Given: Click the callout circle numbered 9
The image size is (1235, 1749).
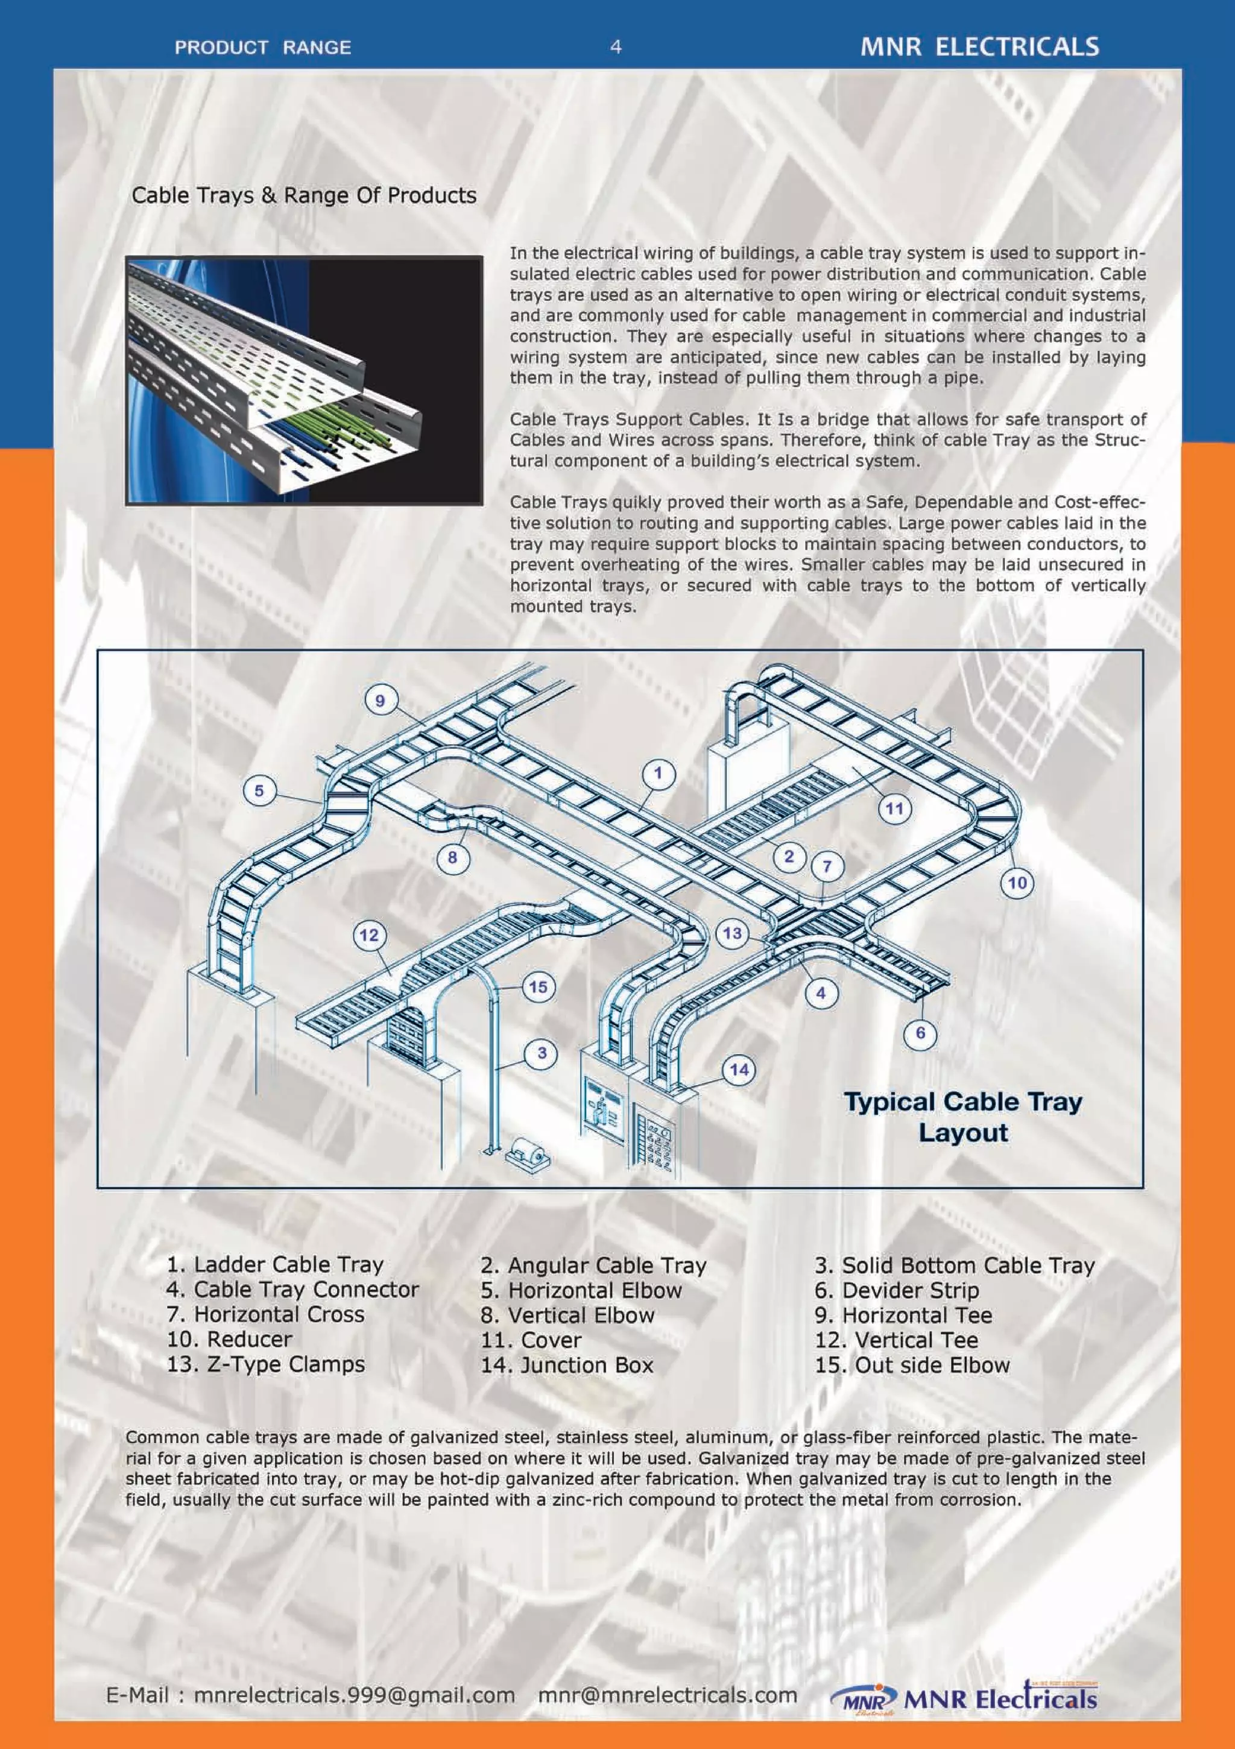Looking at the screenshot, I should click(x=380, y=700).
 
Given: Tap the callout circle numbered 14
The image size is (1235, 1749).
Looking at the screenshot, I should click(x=739, y=1070).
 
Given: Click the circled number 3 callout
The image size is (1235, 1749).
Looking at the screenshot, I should click(x=542, y=1053).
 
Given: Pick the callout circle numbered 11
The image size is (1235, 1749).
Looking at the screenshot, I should click(x=894, y=808).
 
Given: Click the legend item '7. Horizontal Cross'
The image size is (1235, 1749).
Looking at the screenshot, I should click(x=265, y=1314).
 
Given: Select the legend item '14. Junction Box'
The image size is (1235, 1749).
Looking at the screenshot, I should click(x=567, y=1364).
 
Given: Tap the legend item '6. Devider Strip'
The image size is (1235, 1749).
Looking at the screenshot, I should click(x=897, y=1290).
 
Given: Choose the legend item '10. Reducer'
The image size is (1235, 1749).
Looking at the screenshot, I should click(x=229, y=1339).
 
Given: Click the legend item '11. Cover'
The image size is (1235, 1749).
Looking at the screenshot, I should click(x=531, y=1340).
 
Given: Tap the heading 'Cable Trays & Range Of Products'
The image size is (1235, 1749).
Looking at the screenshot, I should click(x=304, y=196).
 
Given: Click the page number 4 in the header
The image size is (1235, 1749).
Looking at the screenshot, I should click(x=616, y=47).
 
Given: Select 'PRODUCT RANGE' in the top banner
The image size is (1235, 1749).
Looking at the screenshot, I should click(x=263, y=47).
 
